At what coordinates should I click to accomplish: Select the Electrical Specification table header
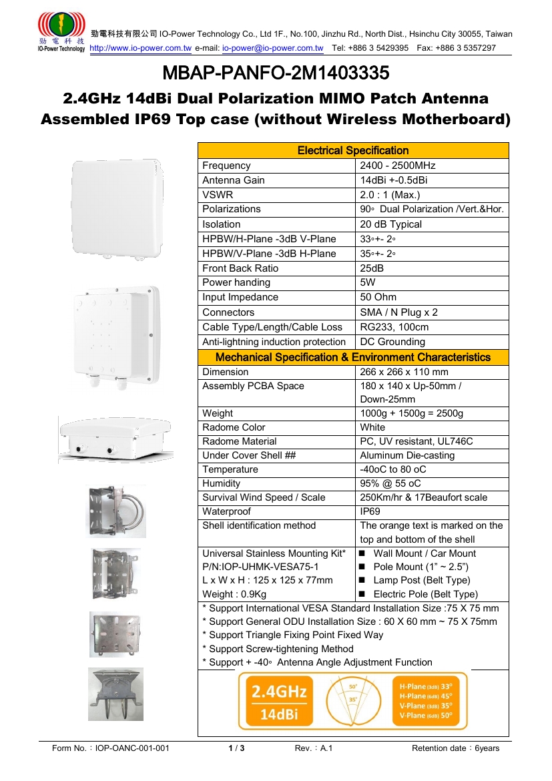pyautogui.click(x=353, y=150)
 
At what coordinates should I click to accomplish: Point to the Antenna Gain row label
pyautogui.click(x=234, y=180)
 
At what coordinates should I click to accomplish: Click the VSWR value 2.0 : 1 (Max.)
pyautogui.click(x=390, y=195)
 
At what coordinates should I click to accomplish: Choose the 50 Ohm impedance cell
pyautogui.click(x=378, y=297)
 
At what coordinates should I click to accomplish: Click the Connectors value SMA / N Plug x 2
pyautogui.click(x=398, y=312)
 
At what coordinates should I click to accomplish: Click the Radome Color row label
pyautogui.click(x=234, y=427)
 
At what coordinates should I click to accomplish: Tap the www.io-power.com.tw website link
pyautogui.click(x=140, y=48)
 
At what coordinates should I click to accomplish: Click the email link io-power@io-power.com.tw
pyautogui.click(x=272, y=48)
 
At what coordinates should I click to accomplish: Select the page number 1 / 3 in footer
pyautogui.click(x=236, y=748)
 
